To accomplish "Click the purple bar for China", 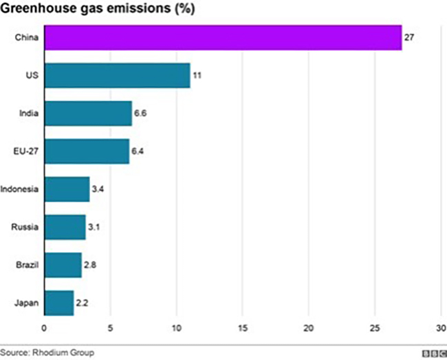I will tap(223, 37).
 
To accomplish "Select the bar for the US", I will tap(117, 75).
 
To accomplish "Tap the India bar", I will tap(88, 113).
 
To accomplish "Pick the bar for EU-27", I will tap(87, 151).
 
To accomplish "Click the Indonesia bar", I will tap(67, 189).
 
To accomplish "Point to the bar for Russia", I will tap(65, 226).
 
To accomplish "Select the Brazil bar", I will tap(63, 264).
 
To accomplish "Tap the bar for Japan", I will tap(59, 302).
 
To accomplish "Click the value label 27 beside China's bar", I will tap(408, 37).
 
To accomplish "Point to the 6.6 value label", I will tap(140, 113).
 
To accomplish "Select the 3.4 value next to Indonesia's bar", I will tap(98, 189).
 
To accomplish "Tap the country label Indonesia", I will tap(20, 189).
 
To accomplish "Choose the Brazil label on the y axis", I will tap(27, 264).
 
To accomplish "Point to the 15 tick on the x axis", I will tap(243, 328).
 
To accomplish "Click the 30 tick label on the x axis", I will tap(441, 328).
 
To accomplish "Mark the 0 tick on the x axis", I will tap(45, 328).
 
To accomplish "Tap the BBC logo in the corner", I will tap(433, 353).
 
